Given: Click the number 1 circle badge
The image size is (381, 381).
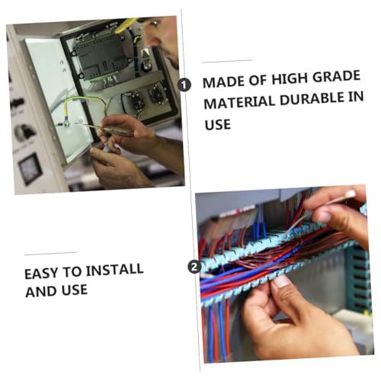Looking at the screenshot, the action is [x=184, y=85].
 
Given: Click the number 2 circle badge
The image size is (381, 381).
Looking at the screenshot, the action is [x=194, y=267].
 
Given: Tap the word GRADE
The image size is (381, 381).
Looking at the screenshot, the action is [x=336, y=77].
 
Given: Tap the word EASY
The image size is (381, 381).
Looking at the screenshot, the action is [x=41, y=274].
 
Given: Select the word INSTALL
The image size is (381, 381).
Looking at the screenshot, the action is [x=114, y=270].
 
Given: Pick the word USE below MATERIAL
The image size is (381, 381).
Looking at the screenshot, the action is [x=218, y=124].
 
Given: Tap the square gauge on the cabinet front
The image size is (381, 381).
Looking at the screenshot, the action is [x=30, y=169].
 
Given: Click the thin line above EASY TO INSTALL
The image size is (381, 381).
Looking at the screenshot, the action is [x=51, y=254].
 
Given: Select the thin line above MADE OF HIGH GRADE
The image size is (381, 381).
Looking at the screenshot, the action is [x=227, y=61].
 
